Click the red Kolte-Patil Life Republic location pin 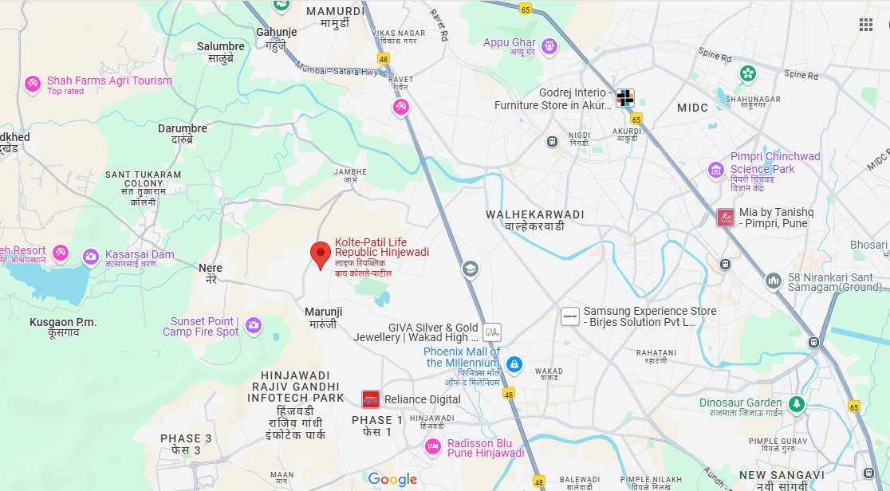(321, 254)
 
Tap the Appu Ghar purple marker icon (548, 46)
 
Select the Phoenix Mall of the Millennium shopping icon (514, 364)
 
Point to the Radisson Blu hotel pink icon (433, 447)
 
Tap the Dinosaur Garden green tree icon (796, 404)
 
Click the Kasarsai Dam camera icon (91, 256)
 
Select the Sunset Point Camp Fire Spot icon (254, 324)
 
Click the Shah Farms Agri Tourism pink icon (33, 83)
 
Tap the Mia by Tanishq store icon (725, 217)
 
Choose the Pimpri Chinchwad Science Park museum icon (716, 170)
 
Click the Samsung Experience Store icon (570, 316)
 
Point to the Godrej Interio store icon (625, 98)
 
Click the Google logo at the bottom (392, 479)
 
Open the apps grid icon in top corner (866, 25)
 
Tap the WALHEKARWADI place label (534, 215)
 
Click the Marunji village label (323, 312)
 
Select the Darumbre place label (182, 128)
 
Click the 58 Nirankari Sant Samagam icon (773, 281)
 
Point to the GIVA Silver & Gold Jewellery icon (491, 332)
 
